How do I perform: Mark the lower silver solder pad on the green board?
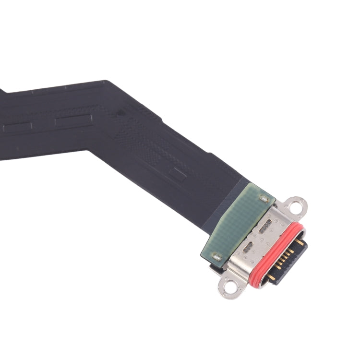[x=216, y=257]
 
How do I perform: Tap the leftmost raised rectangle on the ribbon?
[x=18, y=128]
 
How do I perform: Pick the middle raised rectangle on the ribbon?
[x=73, y=120]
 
